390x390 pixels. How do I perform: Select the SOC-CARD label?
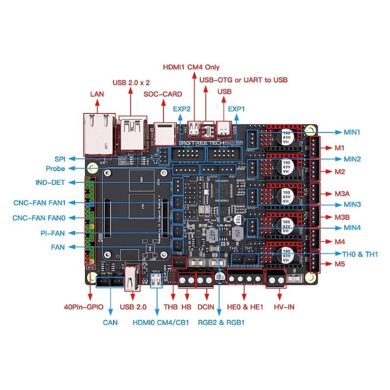tap(162, 94)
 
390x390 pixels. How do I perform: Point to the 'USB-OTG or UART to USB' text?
tap(243, 79)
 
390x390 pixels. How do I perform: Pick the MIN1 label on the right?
tap(352, 132)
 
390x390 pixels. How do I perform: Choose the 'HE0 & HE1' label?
tap(245, 307)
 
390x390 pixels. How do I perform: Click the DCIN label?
tap(206, 307)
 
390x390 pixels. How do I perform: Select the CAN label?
tap(110, 322)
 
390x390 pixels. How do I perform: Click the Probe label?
tap(55, 169)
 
